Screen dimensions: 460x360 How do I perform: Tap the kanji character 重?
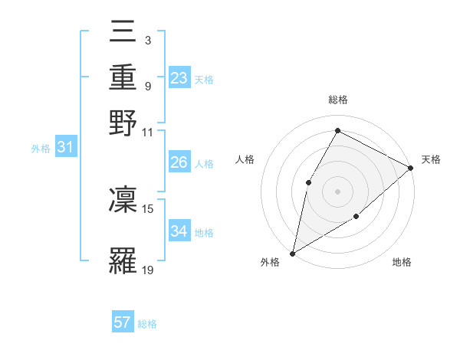click(123, 77)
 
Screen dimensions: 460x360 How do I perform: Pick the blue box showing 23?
click(179, 77)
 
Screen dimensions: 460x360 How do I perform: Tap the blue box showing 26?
click(179, 162)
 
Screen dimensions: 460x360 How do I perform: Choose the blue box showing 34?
click(179, 231)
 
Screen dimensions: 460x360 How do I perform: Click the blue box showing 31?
click(65, 148)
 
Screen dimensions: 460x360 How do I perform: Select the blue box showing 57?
click(123, 322)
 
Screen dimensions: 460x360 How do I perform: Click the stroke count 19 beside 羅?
click(148, 270)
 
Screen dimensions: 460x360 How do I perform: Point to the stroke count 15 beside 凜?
click(148, 208)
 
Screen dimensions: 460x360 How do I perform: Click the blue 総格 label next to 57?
click(147, 324)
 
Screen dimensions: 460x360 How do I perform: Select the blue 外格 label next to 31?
click(40, 149)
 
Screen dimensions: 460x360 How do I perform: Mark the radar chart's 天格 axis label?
click(431, 159)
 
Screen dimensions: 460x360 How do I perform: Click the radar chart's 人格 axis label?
click(245, 159)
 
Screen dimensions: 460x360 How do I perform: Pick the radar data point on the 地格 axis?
click(356, 217)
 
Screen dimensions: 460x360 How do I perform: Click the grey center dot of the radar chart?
click(337, 191)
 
